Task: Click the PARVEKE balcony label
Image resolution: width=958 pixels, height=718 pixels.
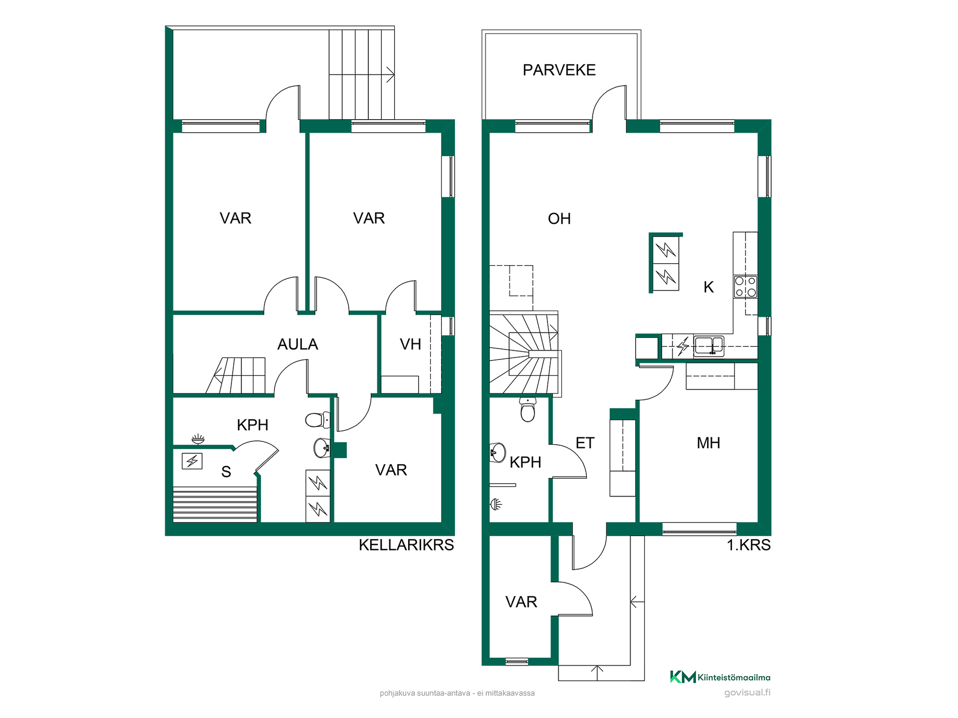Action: tap(559, 70)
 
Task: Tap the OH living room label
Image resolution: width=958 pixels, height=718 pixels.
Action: tap(559, 218)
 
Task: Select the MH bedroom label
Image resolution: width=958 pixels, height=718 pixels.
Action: tap(708, 443)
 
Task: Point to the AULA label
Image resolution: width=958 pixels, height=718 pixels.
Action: tap(297, 344)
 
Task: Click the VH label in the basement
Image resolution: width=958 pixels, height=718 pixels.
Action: tap(410, 344)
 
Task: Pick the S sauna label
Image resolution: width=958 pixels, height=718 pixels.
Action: tap(226, 471)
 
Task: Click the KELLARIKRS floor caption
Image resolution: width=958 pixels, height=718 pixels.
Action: tap(406, 545)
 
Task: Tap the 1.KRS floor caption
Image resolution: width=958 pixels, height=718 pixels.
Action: tap(748, 545)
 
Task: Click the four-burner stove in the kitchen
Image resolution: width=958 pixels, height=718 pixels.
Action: tap(745, 287)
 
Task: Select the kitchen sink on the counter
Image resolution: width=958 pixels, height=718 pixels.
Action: tap(709, 346)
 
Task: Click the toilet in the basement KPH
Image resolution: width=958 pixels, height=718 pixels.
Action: tap(318, 420)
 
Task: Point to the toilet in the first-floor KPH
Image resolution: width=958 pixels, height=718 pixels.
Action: tap(527, 409)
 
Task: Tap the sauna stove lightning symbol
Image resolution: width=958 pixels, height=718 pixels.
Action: tap(192, 461)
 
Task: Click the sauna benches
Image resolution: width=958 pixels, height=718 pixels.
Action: tap(215, 505)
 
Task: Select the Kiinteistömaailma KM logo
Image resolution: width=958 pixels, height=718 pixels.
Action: tap(720, 677)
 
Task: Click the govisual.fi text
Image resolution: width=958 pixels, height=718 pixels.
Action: tap(747, 692)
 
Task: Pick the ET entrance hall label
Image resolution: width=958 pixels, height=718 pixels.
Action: tap(585, 443)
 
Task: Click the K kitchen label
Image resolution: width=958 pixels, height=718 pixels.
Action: tap(709, 287)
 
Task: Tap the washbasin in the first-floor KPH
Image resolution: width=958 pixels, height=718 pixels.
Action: tap(497, 453)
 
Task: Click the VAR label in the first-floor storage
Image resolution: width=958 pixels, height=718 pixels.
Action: tap(521, 602)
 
